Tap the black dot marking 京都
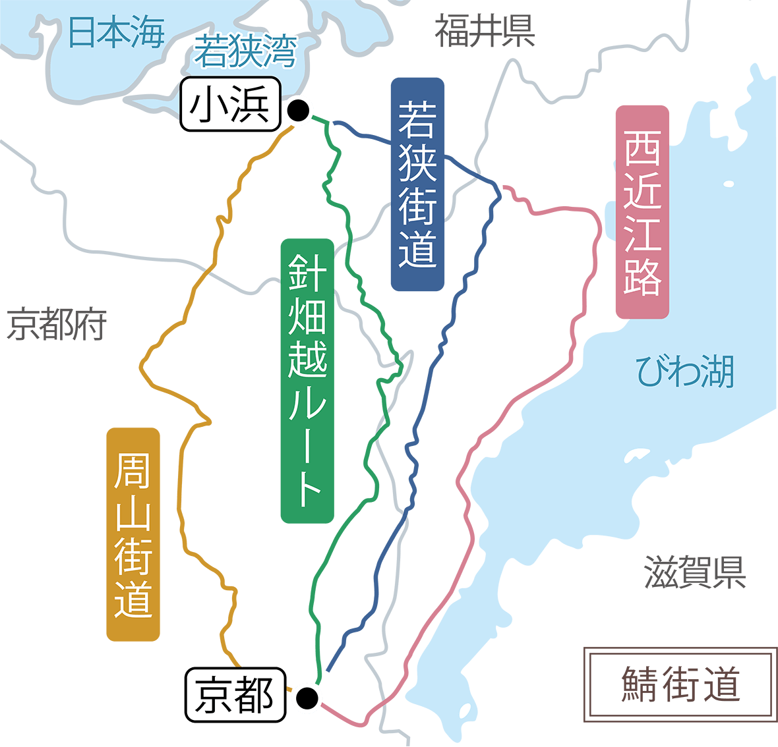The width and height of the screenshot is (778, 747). click(307, 697)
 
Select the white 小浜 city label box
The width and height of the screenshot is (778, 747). click(230, 105)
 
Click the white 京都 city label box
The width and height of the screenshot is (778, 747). click(235, 695)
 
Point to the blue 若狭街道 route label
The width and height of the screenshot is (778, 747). click(417, 184)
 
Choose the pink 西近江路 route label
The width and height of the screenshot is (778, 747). click(642, 212)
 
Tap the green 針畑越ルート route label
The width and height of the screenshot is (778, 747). click(307, 381)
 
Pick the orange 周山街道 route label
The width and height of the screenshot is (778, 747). click(133, 534)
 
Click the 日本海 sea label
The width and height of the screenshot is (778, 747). click(116, 32)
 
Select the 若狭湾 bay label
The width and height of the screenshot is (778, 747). click(245, 52)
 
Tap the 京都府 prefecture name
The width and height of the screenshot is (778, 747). click(57, 325)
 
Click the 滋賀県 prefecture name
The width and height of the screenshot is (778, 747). click(695, 572)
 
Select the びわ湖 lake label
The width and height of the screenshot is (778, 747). click(685, 372)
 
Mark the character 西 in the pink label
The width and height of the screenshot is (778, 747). click(642, 148)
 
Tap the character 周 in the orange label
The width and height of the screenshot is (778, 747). click(133, 470)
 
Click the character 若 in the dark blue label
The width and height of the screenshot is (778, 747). click(417, 119)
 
